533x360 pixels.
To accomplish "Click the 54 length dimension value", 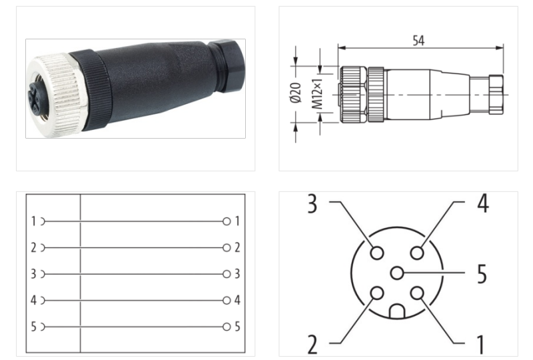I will [418, 41].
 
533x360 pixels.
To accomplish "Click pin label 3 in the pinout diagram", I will [312, 204].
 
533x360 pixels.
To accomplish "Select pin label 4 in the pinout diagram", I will [482, 204].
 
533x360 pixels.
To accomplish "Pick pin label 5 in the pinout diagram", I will [481, 273].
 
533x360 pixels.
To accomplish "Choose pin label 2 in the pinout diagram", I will [312, 344].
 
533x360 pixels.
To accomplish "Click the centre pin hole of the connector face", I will [397, 273].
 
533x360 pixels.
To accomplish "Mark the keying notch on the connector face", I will [397, 311].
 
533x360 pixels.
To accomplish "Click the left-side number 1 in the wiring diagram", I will [33, 221].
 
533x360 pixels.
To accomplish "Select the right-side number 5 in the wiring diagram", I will [237, 327].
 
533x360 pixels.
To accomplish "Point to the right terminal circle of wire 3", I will [227, 274].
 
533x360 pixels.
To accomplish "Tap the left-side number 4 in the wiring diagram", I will [33, 300].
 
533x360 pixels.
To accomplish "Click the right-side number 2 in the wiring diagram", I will [237, 247].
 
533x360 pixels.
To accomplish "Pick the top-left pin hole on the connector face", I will [377, 253].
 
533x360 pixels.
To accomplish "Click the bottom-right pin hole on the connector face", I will [417, 293].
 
